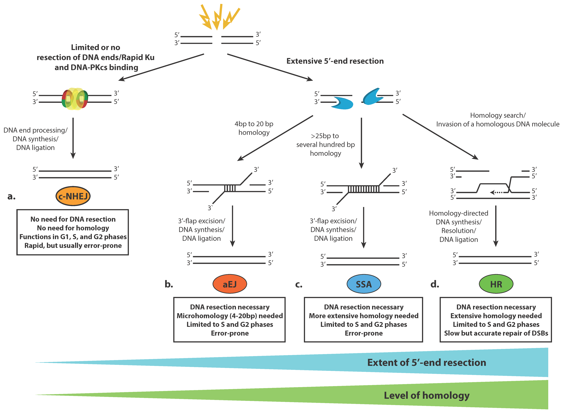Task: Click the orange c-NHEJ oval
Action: (x=73, y=196)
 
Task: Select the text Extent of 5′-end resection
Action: (x=427, y=362)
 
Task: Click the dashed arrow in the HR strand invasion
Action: (x=496, y=192)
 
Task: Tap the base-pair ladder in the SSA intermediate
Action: (x=363, y=189)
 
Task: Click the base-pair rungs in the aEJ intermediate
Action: (x=230, y=188)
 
